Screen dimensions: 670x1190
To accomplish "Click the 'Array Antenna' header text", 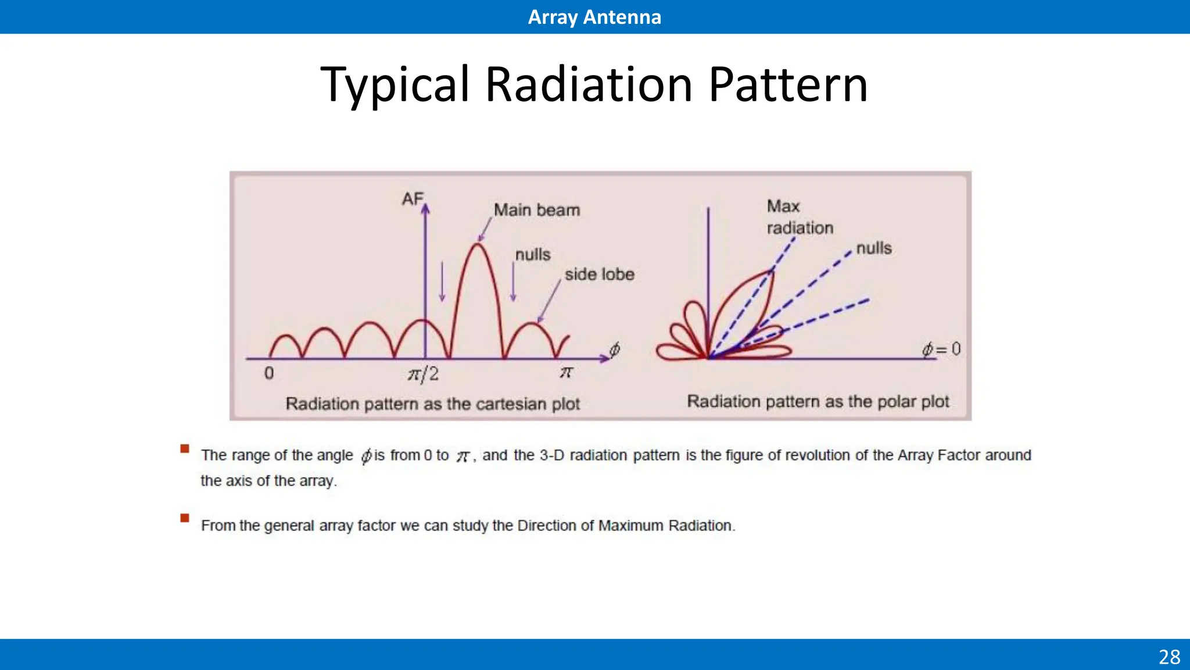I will tap(594, 17).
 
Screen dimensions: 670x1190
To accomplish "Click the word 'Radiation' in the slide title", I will tap(588, 84).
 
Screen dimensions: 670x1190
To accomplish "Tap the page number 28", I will tap(1169, 657).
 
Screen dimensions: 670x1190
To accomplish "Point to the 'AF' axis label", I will tap(413, 199).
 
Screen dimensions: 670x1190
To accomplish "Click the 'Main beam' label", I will tap(536, 210).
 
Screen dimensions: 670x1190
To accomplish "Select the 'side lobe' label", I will tap(599, 274).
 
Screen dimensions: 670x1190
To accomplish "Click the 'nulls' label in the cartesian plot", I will tap(533, 255).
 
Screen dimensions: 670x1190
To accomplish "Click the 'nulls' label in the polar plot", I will tap(873, 248).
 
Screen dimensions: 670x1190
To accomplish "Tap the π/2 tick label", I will tap(423, 373).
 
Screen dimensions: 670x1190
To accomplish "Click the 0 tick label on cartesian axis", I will tap(269, 373).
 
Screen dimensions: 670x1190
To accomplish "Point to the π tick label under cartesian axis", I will tap(566, 372).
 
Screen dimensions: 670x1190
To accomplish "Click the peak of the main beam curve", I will tap(478, 245).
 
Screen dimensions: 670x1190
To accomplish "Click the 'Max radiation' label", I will tap(799, 217).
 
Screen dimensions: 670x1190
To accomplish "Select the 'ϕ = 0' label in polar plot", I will tap(941, 349).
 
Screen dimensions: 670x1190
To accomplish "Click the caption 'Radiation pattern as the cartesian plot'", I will tap(432, 404).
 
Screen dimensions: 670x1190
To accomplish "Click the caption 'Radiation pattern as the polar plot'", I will tap(818, 401).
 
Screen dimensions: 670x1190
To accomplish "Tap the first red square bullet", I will tap(185, 448).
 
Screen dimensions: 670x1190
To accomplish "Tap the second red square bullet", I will tap(185, 518).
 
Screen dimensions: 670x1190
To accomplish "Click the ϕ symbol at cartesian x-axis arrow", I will tap(614, 349).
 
